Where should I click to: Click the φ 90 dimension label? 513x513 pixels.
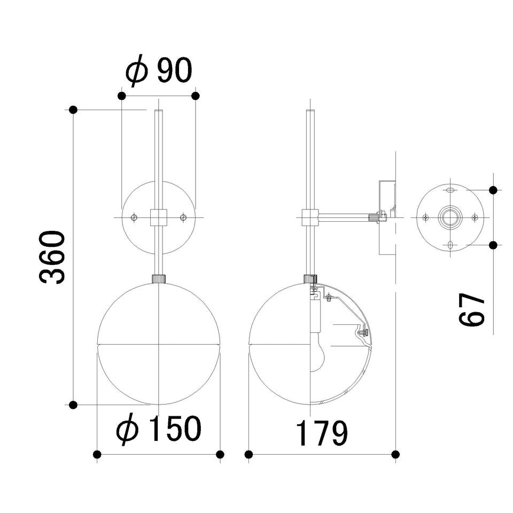tap(159, 71)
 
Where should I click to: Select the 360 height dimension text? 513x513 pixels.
tap(51, 257)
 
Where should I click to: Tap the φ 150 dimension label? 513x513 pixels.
tap(159, 429)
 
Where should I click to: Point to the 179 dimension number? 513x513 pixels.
tap(322, 433)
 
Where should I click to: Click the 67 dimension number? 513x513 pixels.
tap(471, 309)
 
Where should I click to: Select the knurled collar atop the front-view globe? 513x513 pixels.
tap(159, 279)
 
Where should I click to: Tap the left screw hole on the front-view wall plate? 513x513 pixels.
tap(134, 217)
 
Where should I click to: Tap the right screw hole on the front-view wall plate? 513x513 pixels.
tap(183, 217)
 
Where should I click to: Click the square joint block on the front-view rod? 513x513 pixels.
tap(159, 217)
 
